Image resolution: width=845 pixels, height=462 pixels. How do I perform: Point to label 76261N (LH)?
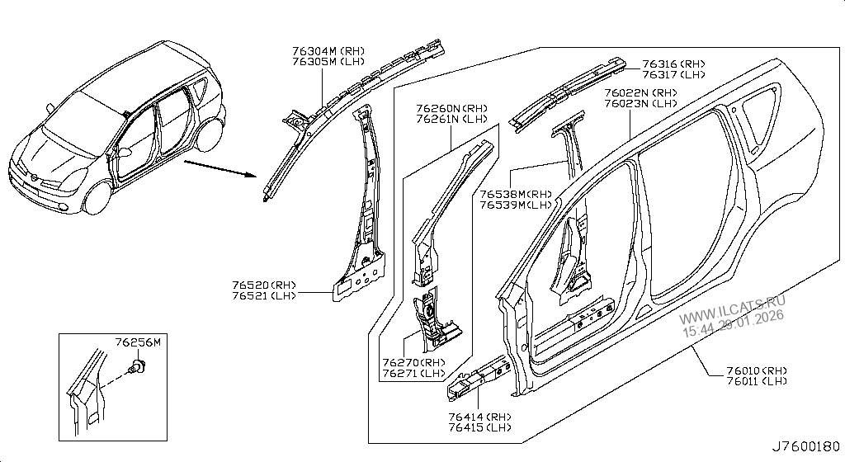point(451,119)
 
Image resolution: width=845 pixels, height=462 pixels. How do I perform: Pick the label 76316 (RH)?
point(673,64)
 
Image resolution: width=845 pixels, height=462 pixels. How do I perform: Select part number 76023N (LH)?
point(640,103)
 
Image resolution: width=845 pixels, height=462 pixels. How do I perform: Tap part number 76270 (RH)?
point(413,363)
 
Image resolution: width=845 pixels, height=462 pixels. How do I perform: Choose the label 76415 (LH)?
point(480,427)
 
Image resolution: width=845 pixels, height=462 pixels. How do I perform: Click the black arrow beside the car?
point(217,170)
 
